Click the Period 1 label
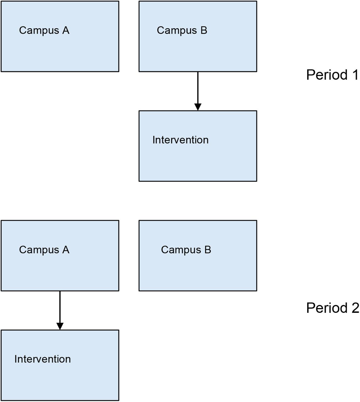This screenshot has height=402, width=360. tap(332, 75)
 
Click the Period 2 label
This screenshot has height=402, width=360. tap(333, 308)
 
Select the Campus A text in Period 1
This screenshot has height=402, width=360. tap(44, 31)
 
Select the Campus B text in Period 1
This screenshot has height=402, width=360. tap(182, 31)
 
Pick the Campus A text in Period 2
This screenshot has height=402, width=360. tap(44, 250)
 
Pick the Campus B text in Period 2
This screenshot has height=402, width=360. tap(186, 250)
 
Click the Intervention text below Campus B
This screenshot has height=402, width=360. tap(180, 140)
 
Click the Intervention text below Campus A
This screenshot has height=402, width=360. tap(42, 359)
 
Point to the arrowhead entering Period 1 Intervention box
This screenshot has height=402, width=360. tap(198, 107)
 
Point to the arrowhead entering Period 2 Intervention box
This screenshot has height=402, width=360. tap(60, 326)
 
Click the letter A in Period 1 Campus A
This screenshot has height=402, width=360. tap(66, 30)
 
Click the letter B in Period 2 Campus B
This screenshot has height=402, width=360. tap(208, 250)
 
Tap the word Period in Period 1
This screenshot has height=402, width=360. tap(327, 75)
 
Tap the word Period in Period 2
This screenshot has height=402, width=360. tap(327, 308)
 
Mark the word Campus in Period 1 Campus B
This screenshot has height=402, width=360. tap(177, 31)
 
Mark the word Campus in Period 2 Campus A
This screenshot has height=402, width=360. tap(39, 250)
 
